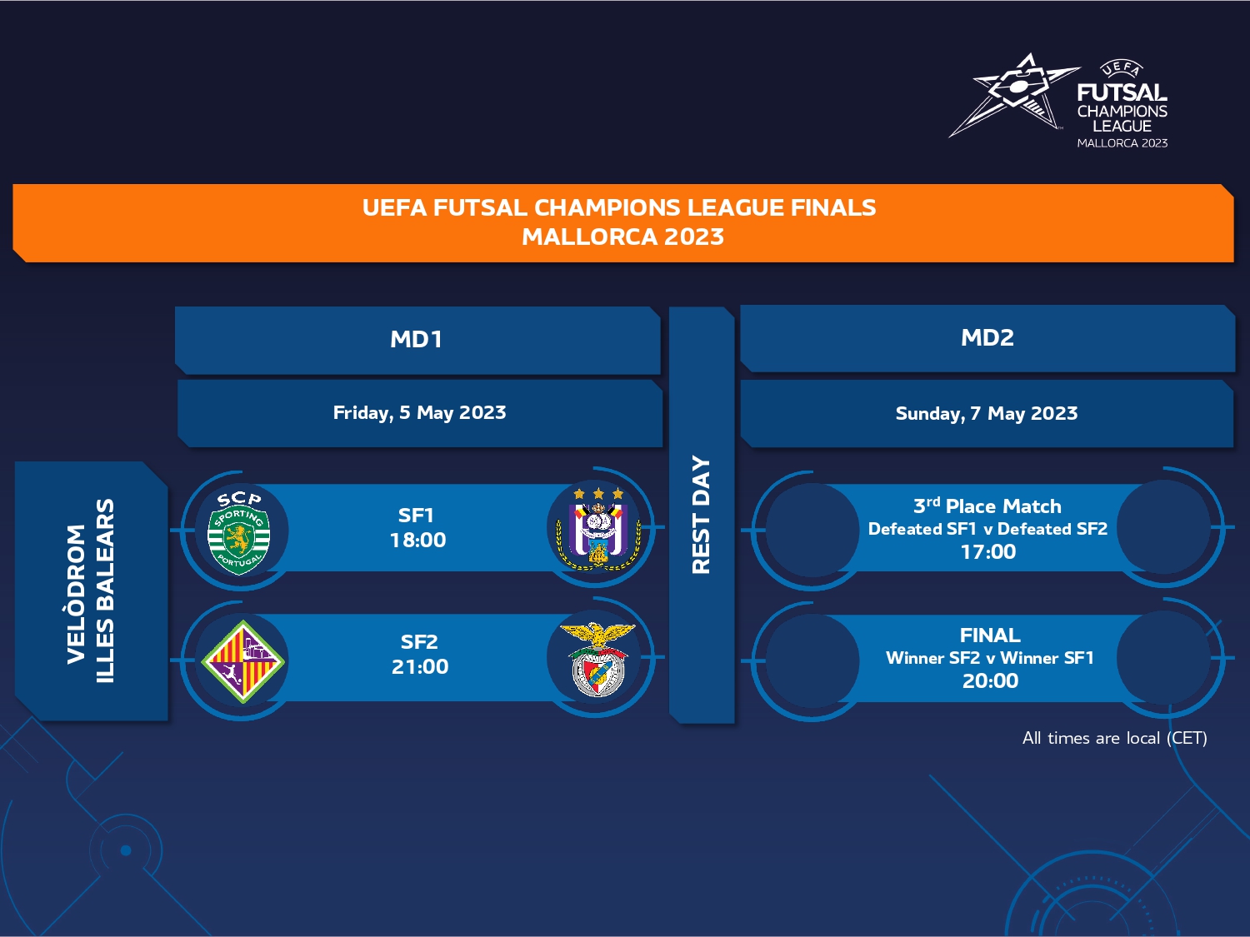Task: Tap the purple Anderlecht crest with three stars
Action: point(598,529)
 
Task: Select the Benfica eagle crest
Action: point(597,659)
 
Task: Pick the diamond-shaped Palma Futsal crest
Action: point(243,661)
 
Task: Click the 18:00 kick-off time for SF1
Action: point(417,540)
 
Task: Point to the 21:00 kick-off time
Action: point(420,667)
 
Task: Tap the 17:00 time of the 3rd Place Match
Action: point(988,552)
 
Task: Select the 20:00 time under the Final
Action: point(990,681)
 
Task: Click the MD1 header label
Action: point(417,340)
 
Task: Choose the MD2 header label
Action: point(987,338)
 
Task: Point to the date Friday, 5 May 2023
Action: point(420,412)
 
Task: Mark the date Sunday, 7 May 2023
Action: point(987,414)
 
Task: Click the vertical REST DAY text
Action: point(701,514)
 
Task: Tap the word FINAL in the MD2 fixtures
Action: point(990,635)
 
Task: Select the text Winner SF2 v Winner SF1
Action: point(990,658)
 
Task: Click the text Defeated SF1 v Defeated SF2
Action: point(988,529)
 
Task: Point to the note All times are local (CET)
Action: point(1114,739)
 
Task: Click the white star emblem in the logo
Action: point(1013,95)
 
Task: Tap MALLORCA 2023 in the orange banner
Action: point(623,237)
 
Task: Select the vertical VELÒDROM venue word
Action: point(77,594)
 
